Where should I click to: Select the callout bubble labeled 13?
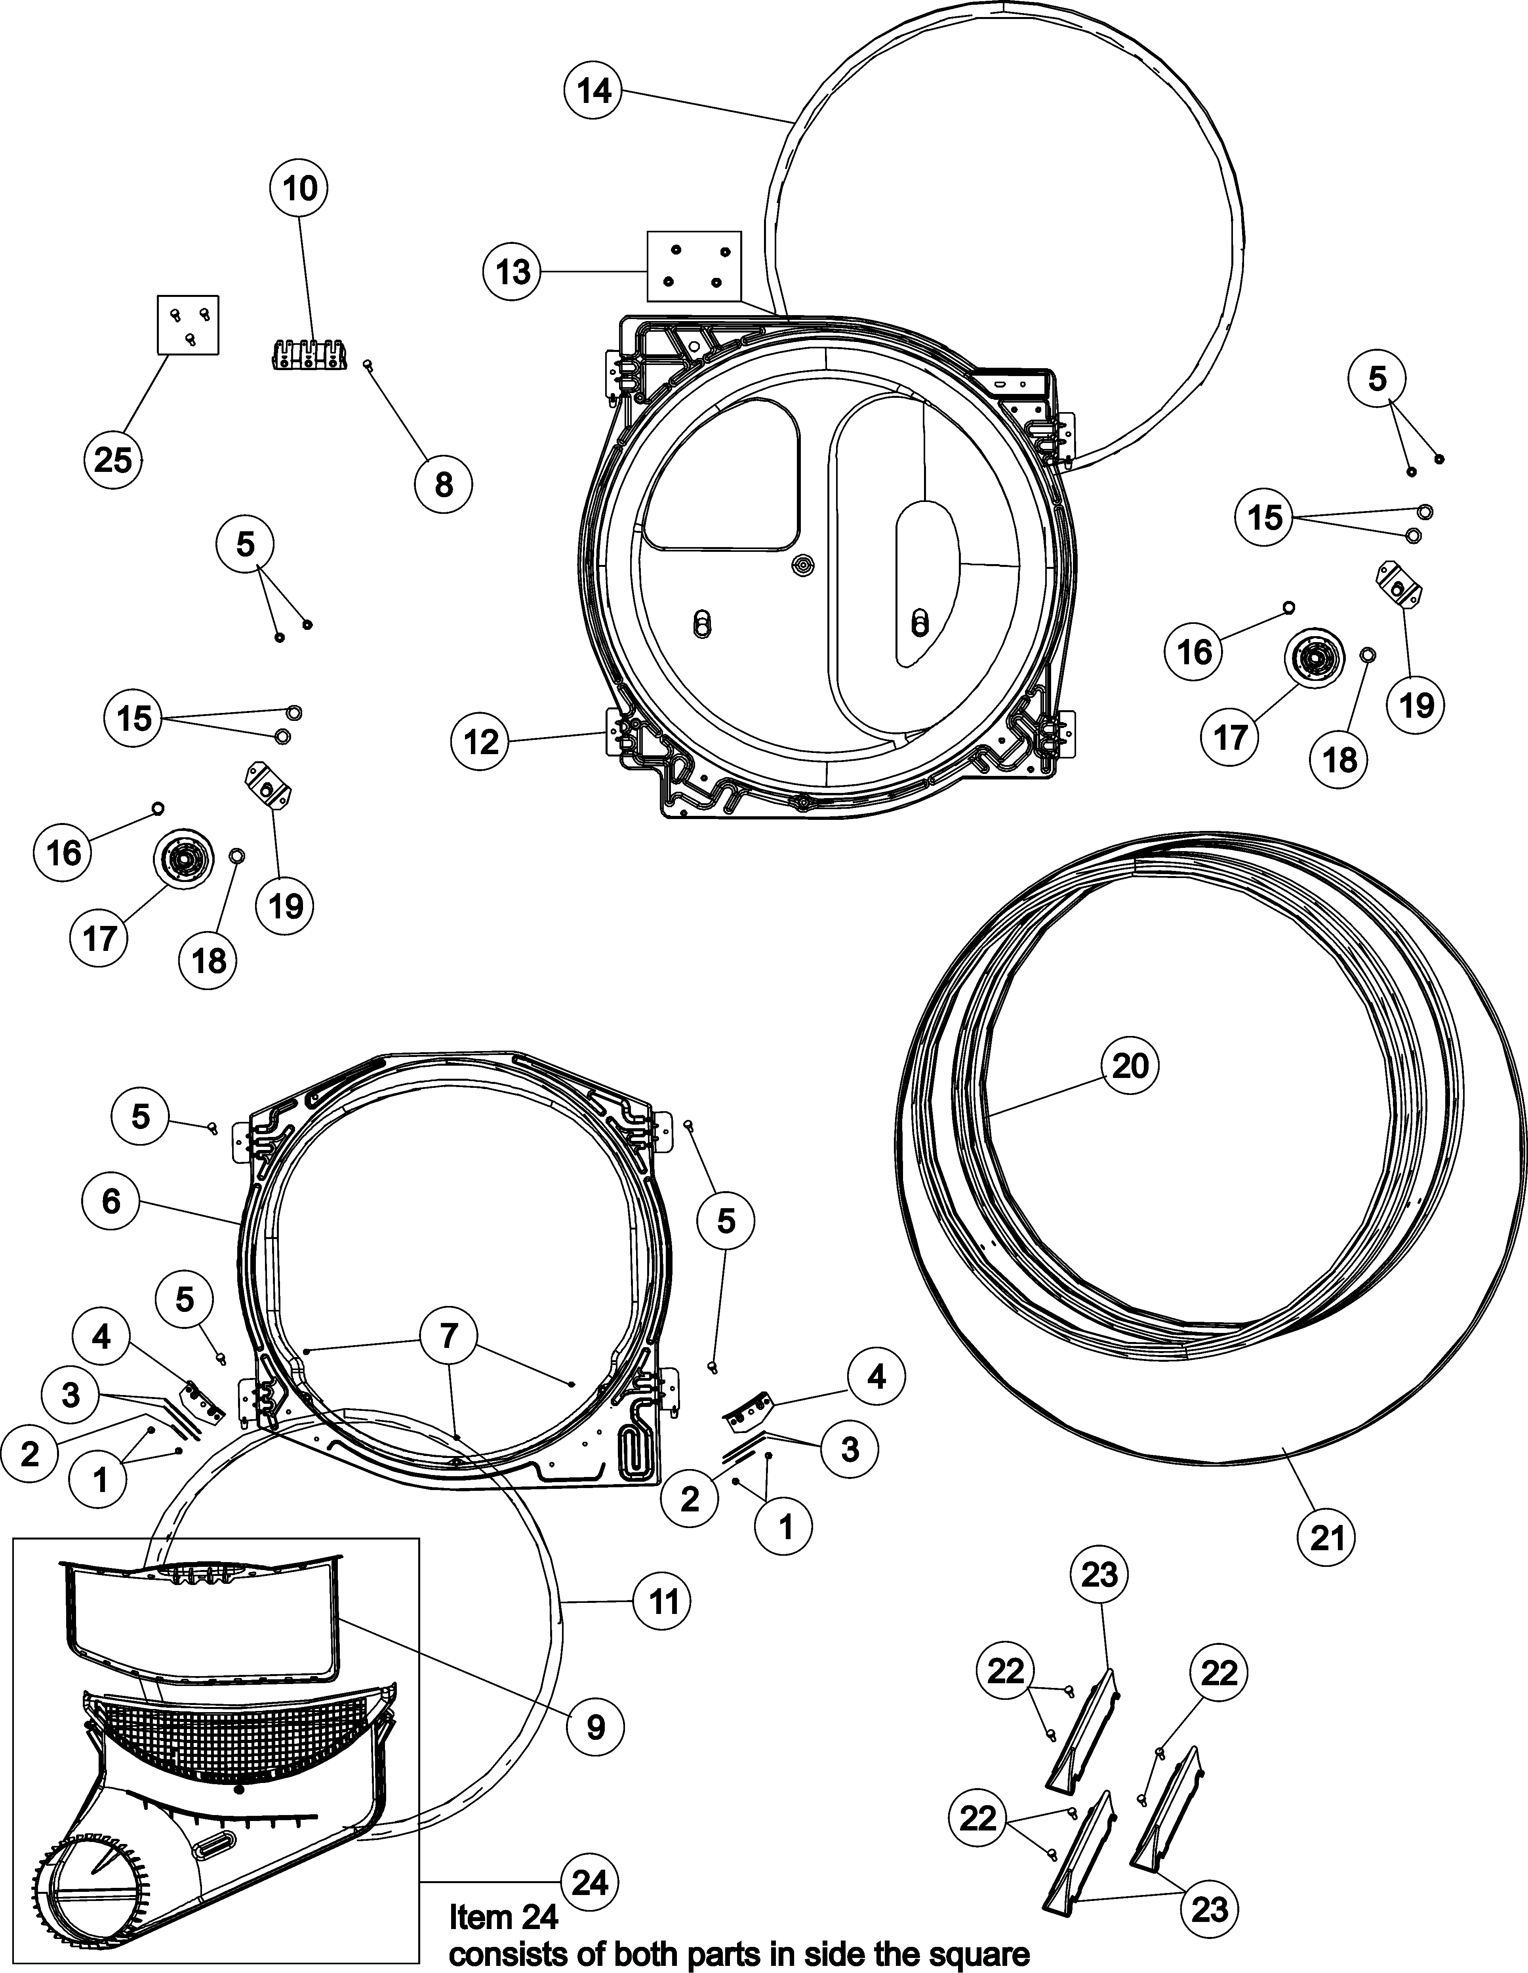(513, 271)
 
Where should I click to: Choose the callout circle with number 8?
(444, 485)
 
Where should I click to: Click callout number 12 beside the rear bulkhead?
(481, 742)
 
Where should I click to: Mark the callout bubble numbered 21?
(1328, 1537)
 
